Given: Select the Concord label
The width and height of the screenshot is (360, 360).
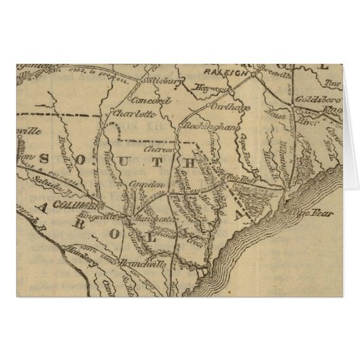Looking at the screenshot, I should pos(155,101).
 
